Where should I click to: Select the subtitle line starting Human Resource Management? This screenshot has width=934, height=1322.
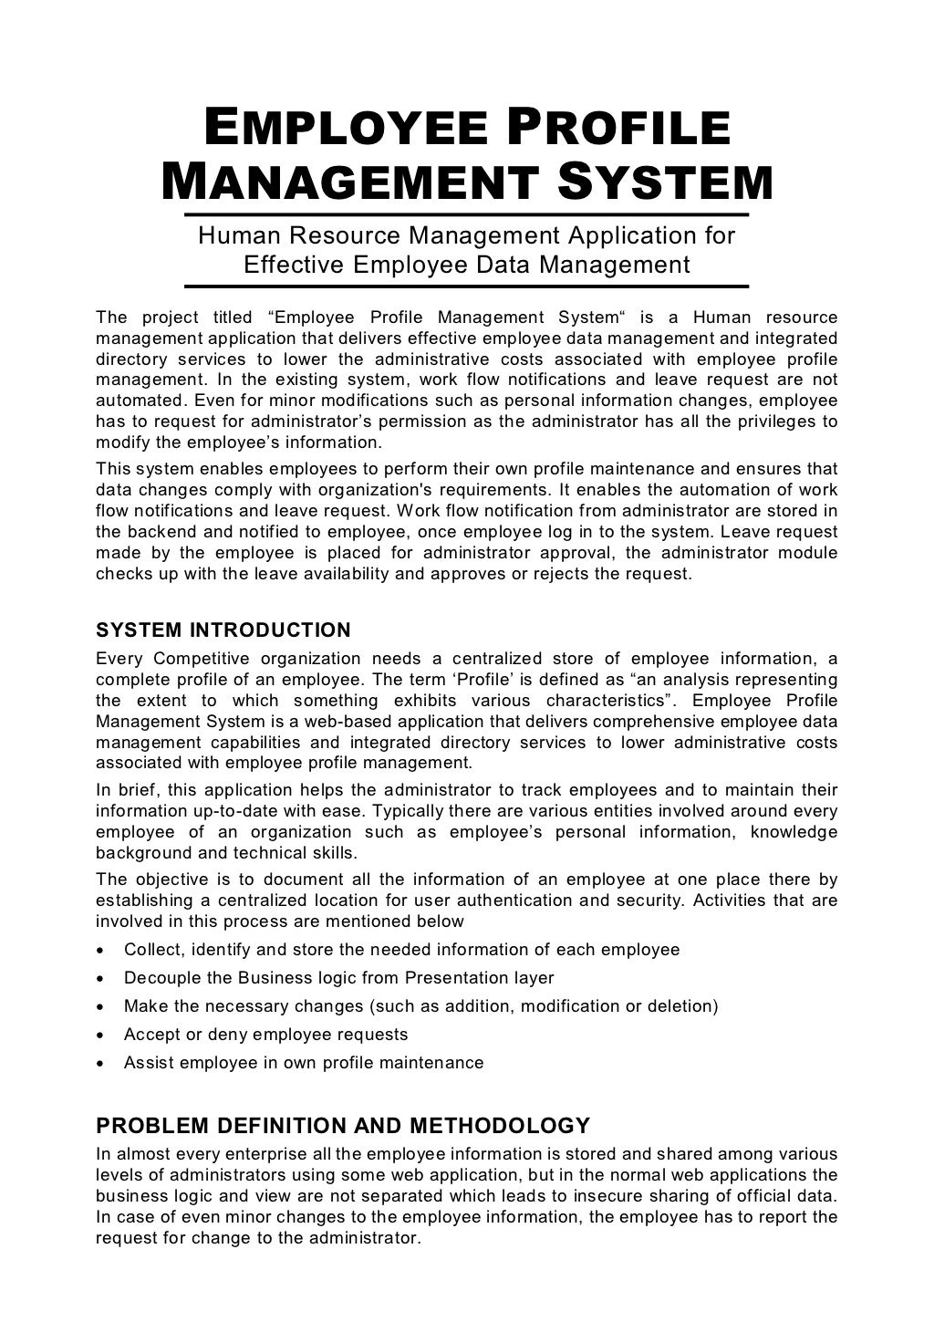[x=466, y=236]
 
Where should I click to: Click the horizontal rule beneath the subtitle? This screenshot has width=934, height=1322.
[x=466, y=286]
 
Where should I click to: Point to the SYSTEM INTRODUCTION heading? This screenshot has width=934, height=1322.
[x=223, y=630]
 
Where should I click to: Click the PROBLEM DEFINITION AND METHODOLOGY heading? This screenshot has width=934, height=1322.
[x=343, y=1125]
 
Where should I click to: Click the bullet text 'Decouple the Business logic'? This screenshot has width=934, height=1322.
[x=338, y=978]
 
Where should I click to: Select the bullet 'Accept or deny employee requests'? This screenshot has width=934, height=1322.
[x=265, y=1035]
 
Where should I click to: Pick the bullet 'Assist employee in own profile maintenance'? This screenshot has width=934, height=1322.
[x=304, y=1063]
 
